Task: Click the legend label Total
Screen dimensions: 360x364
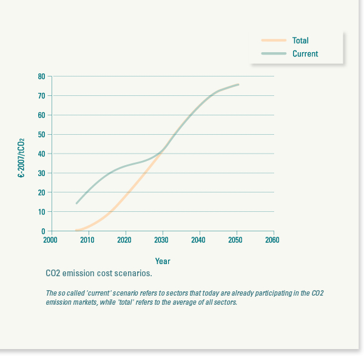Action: [x=300, y=41]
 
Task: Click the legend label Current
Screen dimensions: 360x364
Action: [x=305, y=54]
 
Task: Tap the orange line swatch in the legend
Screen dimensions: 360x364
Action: [x=274, y=41]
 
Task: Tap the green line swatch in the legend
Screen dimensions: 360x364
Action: [x=274, y=54]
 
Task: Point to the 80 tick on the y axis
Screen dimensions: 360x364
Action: [x=42, y=76]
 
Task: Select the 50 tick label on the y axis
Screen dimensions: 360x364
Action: [x=42, y=134]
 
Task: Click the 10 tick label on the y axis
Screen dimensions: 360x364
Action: [x=42, y=212]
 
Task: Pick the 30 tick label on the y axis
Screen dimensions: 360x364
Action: [x=42, y=173]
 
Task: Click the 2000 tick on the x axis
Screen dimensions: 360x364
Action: [x=51, y=240]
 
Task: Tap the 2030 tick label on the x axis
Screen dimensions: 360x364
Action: [x=162, y=240]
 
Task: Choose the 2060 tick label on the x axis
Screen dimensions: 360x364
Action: [x=274, y=240]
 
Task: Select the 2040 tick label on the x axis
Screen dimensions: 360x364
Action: [x=199, y=240]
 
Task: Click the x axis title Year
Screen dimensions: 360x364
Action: [x=163, y=261]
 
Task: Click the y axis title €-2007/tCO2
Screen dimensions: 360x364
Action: [x=21, y=158]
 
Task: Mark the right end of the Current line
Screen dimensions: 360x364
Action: [x=238, y=84]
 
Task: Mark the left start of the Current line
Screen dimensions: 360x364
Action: [x=76, y=203]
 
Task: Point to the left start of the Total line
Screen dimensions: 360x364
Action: [x=76, y=230]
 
